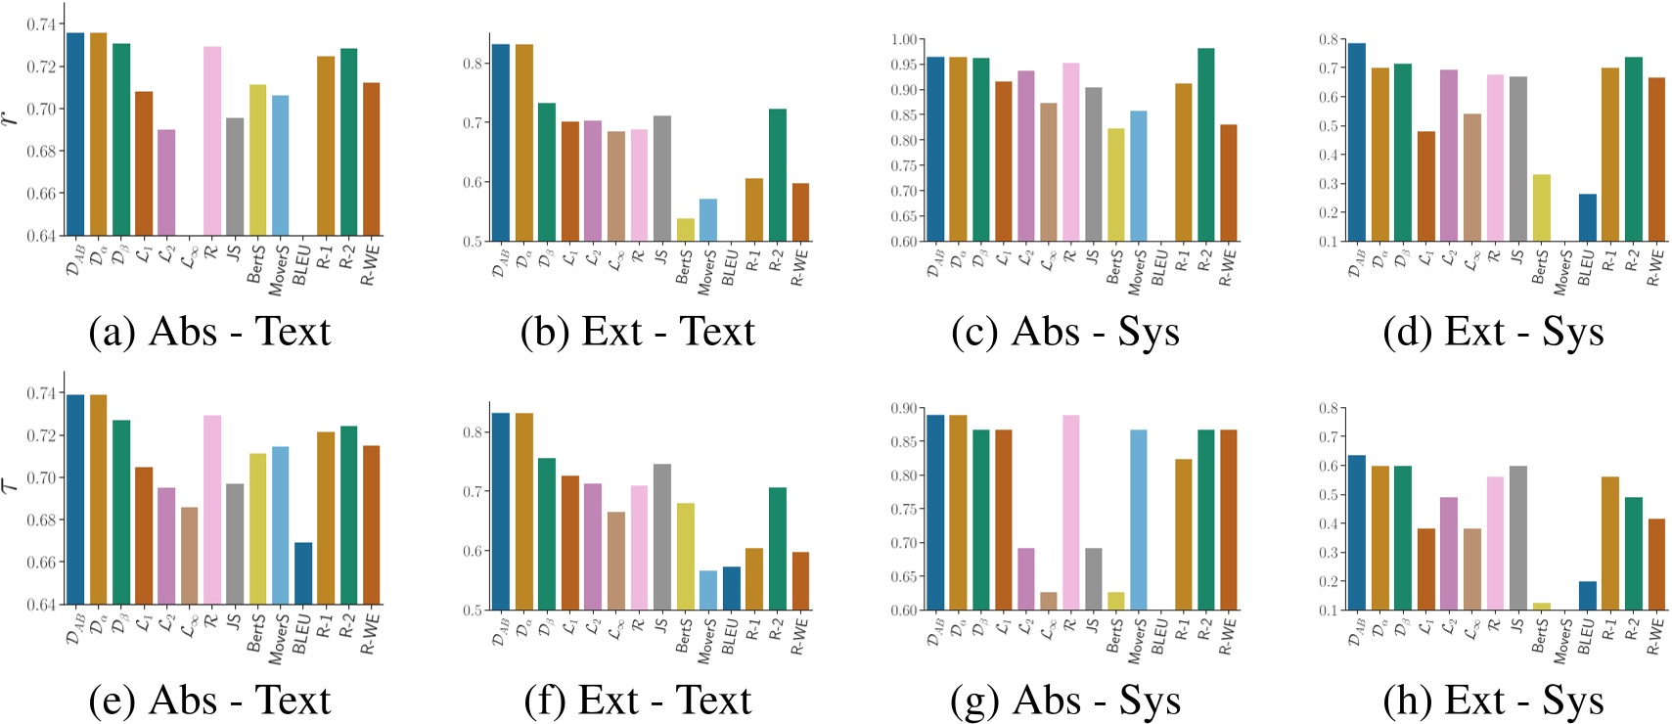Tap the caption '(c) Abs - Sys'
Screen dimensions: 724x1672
[x=1065, y=333]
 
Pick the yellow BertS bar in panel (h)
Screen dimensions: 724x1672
[x=1541, y=607]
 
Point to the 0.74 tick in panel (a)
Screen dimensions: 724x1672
[x=41, y=24]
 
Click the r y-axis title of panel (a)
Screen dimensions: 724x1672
[x=11, y=117]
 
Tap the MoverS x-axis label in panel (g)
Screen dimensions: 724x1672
[x=1135, y=641]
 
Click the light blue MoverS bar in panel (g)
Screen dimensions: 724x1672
[x=1138, y=520]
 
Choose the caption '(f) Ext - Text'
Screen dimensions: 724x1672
[x=638, y=701]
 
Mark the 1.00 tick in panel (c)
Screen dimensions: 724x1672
[x=903, y=39]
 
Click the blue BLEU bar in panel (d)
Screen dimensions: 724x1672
[x=1587, y=217]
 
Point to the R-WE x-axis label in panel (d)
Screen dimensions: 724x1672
[x=1654, y=267]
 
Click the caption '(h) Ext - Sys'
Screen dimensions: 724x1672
[x=1493, y=701]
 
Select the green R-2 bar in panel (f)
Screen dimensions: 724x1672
[x=777, y=549]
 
